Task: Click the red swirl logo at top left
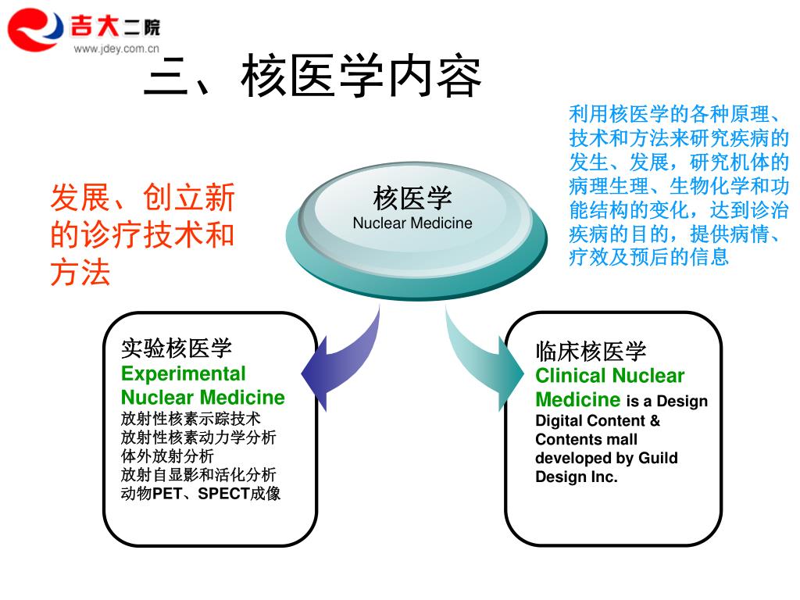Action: point(36,29)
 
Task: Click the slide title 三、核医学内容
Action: point(312,77)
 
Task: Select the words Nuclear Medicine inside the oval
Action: point(412,223)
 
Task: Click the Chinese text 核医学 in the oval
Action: point(412,198)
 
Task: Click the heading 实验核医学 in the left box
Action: point(177,349)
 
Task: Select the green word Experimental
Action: point(183,373)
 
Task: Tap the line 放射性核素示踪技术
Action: point(191,418)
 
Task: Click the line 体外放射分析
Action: point(167,455)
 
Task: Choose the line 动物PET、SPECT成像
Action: point(201,494)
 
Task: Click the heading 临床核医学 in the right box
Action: point(591,352)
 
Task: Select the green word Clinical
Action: point(570,376)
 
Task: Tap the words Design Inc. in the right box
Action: point(577,477)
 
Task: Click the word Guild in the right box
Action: point(658,458)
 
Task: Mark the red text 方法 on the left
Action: point(80,273)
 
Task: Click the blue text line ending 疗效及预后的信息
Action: point(648,256)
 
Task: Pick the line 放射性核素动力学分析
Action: point(198,437)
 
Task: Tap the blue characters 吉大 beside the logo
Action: point(95,27)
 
